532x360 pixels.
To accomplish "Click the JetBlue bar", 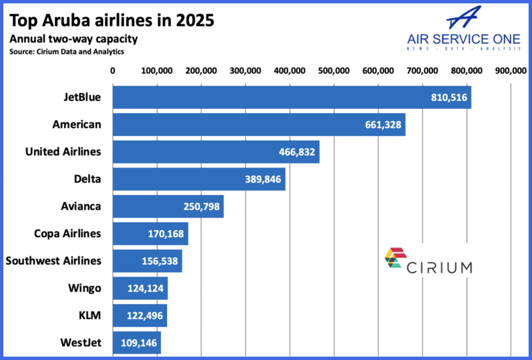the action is (x=292, y=98).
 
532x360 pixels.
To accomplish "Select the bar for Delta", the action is (x=199, y=179).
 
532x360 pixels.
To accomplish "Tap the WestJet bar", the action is (x=137, y=343).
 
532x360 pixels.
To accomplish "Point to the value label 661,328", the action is (x=383, y=124).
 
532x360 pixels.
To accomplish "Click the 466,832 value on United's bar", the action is (x=297, y=152).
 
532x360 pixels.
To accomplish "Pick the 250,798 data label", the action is (x=201, y=207).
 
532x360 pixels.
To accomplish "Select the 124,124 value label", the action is (x=145, y=289).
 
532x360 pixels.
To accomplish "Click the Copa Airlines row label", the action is (x=67, y=233).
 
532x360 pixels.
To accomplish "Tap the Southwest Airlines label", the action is (x=54, y=260).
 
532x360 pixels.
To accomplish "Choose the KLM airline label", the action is (x=90, y=316).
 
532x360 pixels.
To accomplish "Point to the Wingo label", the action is (x=85, y=288).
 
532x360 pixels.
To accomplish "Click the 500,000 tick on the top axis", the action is (x=334, y=71).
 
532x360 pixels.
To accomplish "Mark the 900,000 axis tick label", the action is (x=510, y=71).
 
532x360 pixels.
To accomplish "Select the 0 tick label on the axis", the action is (x=112, y=71).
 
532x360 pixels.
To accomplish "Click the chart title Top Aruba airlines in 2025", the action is (x=112, y=20).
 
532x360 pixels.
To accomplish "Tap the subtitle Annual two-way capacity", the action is (x=73, y=39).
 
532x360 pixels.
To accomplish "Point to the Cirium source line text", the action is (x=67, y=52).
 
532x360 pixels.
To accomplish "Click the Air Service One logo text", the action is (x=464, y=39).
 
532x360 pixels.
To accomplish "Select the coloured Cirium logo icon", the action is (x=395, y=258).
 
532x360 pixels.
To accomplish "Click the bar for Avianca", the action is (x=168, y=207).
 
